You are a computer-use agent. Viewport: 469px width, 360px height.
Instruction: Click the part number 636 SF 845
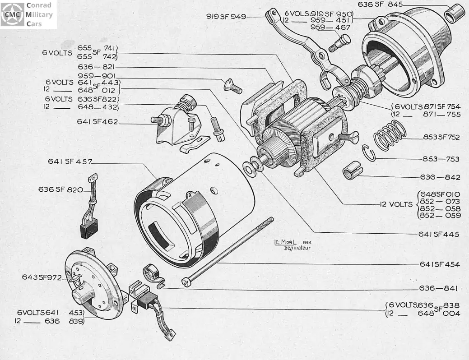tap(380, 5)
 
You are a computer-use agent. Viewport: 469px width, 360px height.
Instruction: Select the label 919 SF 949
tap(226, 16)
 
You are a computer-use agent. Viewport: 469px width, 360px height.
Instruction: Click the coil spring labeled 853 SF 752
tap(390, 135)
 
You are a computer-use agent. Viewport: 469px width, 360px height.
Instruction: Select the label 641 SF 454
tap(439, 264)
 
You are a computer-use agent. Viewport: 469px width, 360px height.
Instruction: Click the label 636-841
tap(438, 288)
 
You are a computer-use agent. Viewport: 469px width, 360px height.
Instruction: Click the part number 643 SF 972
tap(42, 277)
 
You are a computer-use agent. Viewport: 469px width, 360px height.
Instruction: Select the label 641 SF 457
tap(70, 162)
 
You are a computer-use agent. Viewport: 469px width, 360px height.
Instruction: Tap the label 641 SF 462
tap(98, 122)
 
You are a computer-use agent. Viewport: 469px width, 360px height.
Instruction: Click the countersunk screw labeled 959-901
tap(233, 87)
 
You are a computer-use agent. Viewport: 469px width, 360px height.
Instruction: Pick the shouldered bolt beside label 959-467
tap(339, 43)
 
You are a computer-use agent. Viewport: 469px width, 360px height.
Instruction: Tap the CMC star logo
tap(12, 14)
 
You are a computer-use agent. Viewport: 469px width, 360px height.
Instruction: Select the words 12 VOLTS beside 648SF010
tap(396, 204)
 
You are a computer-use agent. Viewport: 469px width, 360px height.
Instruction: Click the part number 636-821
tap(96, 67)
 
